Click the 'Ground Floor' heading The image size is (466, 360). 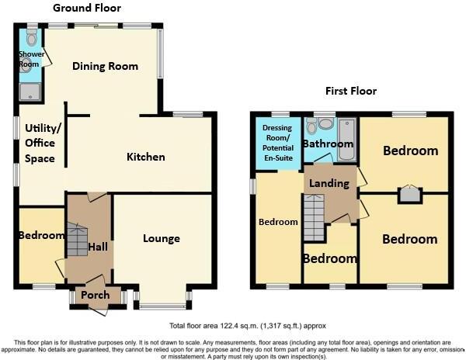point(85,8)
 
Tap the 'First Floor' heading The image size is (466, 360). point(350,92)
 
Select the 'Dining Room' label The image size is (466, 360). point(105,67)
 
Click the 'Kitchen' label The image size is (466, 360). point(146,157)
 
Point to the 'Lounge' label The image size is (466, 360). point(162,239)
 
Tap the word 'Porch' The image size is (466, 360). point(96,296)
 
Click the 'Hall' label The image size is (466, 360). point(98,246)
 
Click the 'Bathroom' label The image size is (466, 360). point(328,144)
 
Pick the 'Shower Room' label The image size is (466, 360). point(30,58)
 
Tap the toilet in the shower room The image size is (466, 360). point(31,37)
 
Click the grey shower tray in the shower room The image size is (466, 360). point(31,92)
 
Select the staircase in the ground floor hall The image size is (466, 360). point(77,240)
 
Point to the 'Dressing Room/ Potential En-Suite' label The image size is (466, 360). point(276,143)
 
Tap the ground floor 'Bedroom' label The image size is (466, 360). point(41,236)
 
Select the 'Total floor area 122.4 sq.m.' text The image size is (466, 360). point(242,326)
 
